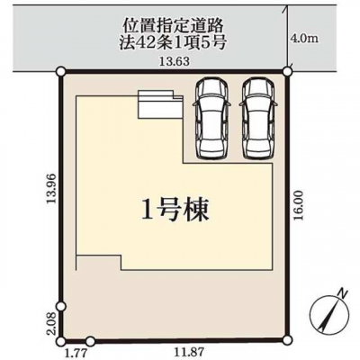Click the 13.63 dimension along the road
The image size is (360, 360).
coord(175,61)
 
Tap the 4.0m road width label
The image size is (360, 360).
coord(305,39)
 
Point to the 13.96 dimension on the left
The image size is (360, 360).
coord(52,188)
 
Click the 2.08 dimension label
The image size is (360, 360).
coord(51,324)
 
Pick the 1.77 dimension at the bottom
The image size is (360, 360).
coord(75,352)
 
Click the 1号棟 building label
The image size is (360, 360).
coord(175,210)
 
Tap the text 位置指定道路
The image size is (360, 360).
coord(174,26)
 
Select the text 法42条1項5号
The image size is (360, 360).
coord(173,43)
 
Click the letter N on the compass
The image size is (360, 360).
coord(342,292)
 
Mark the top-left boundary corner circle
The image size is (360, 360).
coord(61,71)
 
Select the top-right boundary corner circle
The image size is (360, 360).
coord(288,71)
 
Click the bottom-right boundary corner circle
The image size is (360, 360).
coord(287,339)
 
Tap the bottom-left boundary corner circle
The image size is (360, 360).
coord(61,341)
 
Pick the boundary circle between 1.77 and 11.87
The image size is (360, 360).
coord(90,341)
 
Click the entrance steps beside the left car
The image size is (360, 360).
coord(160,103)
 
